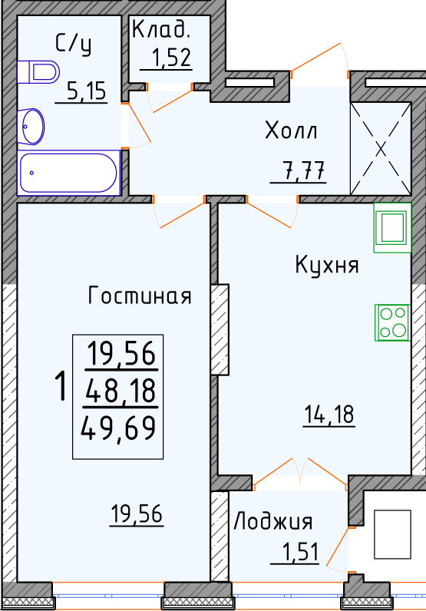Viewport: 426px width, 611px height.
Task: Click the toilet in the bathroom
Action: coord(38,72)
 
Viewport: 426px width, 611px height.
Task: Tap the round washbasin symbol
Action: coord(31,127)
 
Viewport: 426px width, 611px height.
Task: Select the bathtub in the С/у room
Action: coord(68,173)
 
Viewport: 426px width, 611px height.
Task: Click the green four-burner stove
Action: coord(392,322)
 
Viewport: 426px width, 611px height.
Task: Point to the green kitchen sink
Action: coord(392,228)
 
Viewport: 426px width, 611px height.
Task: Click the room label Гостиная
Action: coord(140,296)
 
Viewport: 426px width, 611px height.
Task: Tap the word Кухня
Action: coord(327,265)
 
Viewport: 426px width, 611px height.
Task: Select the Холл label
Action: coord(291,130)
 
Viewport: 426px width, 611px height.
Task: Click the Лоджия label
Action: coord(273,521)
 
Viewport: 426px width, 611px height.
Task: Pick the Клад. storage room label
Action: coord(161,29)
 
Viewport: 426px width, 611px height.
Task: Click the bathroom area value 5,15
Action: coord(86,91)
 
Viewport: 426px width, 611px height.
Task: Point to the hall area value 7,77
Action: coord(303,170)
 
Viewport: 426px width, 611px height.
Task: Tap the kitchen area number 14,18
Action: coord(329,414)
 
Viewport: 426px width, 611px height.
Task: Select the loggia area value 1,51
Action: coord(300,552)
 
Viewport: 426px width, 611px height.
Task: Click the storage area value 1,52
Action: coord(171,58)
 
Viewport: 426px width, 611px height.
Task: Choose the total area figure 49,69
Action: coord(118,428)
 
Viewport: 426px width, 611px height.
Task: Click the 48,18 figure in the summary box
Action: coord(121,391)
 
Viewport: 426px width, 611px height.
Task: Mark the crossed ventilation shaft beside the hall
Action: coord(381,148)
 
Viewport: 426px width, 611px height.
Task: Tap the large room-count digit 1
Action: coord(61,386)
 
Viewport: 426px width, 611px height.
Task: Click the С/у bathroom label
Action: coord(73,44)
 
